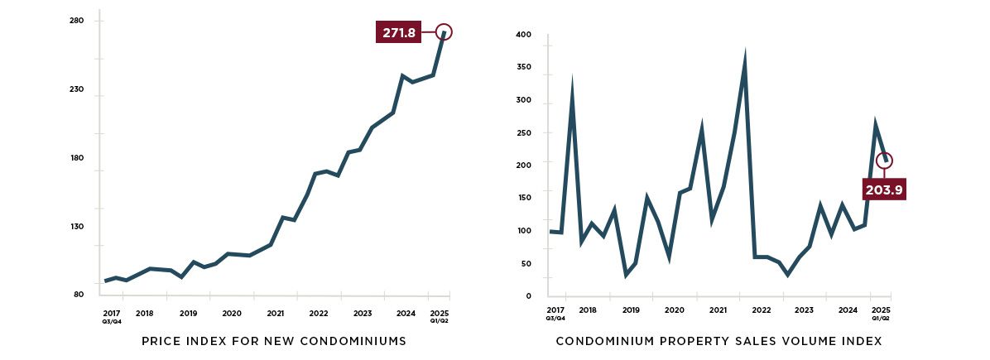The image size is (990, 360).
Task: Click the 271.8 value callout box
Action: (x=399, y=33)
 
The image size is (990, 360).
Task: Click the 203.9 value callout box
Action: (x=883, y=189)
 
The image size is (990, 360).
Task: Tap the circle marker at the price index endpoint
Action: (x=445, y=32)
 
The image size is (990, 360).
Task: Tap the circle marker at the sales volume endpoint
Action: (x=884, y=161)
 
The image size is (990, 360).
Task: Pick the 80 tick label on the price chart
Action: (x=77, y=295)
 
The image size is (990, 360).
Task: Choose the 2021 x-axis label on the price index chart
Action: (x=276, y=314)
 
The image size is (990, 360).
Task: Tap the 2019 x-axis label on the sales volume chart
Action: (x=632, y=310)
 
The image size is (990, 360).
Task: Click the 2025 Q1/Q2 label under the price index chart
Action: (x=440, y=316)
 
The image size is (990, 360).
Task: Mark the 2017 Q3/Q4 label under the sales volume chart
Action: (x=555, y=313)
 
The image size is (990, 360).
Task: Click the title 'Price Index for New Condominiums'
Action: (x=274, y=341)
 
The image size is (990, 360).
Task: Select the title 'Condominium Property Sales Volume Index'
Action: (x=718, y=341)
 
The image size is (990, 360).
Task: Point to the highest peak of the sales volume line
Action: (x=745, y=56)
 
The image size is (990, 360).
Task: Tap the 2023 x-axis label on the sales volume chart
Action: (x=804, y=310)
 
